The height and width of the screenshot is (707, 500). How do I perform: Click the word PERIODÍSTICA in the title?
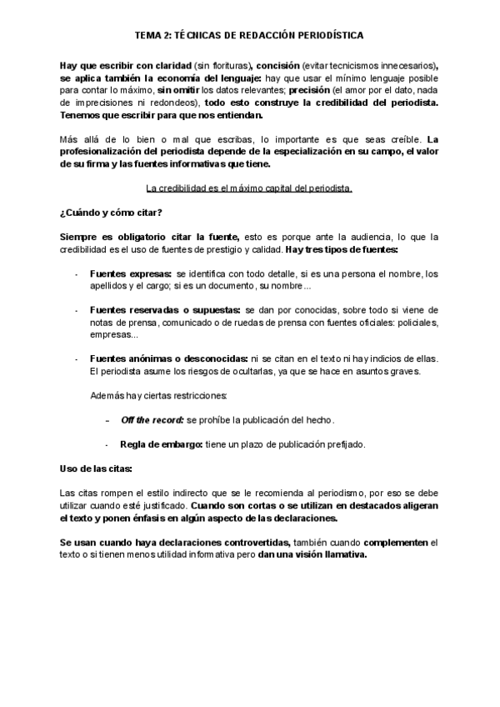(322, 36)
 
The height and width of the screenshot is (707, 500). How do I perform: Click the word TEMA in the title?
(149, 36)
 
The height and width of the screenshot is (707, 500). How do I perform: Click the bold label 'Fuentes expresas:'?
(130, 273)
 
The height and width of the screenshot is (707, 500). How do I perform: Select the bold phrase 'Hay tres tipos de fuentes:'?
(342, 249)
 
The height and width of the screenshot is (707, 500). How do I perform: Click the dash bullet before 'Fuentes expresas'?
(77, 273)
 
